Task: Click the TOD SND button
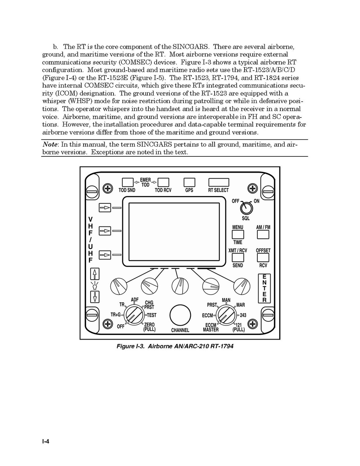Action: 128,182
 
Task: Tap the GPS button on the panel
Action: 189,182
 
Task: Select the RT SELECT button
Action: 218,182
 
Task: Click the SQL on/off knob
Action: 246,208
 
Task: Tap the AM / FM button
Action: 263,235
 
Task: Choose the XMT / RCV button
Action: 238,258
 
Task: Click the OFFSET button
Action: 263,258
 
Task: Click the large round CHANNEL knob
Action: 180,315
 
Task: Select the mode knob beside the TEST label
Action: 134,315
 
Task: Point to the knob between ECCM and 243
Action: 226,315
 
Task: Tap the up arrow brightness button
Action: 94,273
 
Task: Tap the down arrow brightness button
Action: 94,297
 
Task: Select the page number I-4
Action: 46,441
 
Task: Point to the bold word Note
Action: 50,144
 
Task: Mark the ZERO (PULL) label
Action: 149,327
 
